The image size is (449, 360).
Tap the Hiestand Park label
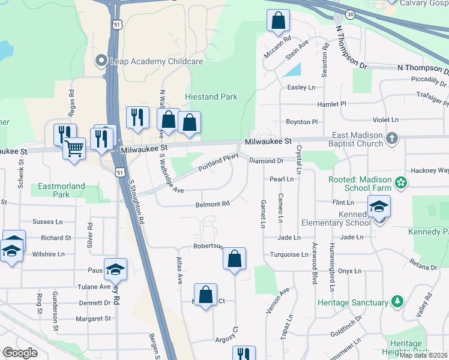click(211, 97)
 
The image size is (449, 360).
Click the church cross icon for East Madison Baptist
click(392, 139)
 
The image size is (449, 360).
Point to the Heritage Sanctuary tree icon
click(396, 301)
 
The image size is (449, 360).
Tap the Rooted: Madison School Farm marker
click(400, 181)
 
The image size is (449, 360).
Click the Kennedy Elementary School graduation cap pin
click(379, 207)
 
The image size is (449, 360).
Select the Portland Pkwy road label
click(218, 162)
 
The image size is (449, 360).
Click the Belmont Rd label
click(212, 204)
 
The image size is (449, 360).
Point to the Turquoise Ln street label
click(288, 254)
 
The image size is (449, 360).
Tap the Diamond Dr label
click(266, 161)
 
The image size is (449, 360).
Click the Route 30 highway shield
click(350, 14)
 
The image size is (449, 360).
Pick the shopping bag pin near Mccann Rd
click(278, 21)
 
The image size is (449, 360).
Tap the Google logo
click(20, 352)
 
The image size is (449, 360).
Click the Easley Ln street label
click(301, 87)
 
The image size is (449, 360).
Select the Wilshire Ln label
click(48, 254)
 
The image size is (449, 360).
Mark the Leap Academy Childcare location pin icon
click(101, 61)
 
